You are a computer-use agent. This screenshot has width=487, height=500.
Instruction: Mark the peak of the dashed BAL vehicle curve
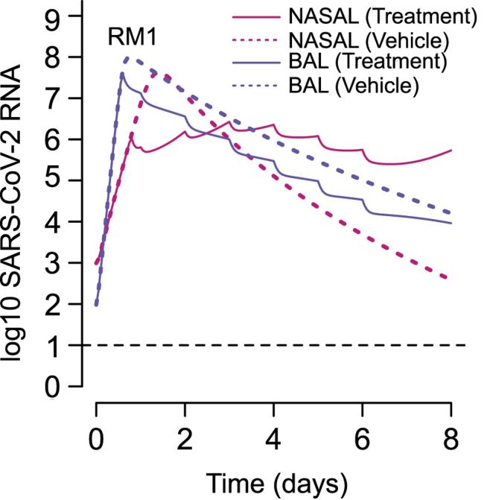(127, 57)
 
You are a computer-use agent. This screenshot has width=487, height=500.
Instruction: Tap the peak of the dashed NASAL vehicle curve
(162, 72)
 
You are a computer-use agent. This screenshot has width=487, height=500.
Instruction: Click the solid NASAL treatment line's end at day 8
(451, 150)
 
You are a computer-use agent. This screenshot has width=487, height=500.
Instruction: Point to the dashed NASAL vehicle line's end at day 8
(451, 279)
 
